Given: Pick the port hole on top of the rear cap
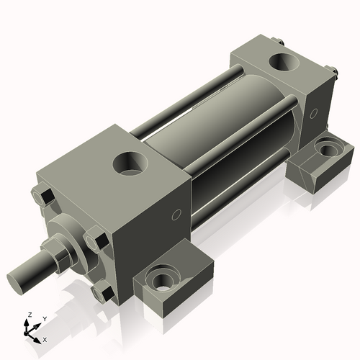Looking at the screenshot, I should point(282,60).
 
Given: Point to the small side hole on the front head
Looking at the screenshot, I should point(176,215).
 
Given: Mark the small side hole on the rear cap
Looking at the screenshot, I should point(313,113).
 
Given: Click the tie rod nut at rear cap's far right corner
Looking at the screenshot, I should point(334,71).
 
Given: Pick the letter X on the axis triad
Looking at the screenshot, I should point(45,338).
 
